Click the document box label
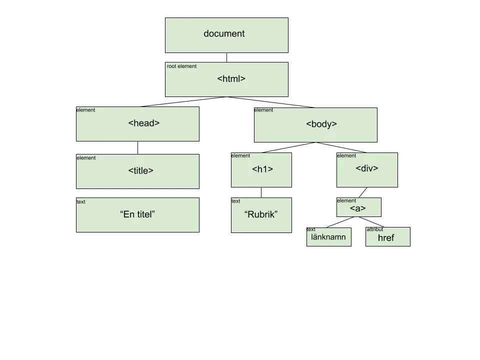(224, 33)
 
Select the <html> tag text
(231, 78)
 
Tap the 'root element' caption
(181, 66)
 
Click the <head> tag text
(144, 123)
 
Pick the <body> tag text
(321, 124)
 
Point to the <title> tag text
(141, 170)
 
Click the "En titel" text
(137, 214)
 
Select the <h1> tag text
(262, 169)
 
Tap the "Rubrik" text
(261, 214)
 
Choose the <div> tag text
(366, 168)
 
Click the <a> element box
(359, 207)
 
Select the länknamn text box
(329, 237)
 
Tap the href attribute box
(388, 236)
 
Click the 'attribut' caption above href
(374, 229)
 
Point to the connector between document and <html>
(227, 57)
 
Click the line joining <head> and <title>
(138, 148)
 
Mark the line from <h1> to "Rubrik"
(261, 192)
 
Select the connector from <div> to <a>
(363, 192)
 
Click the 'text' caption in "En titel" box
(81, 201)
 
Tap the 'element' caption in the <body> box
(263, 110)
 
